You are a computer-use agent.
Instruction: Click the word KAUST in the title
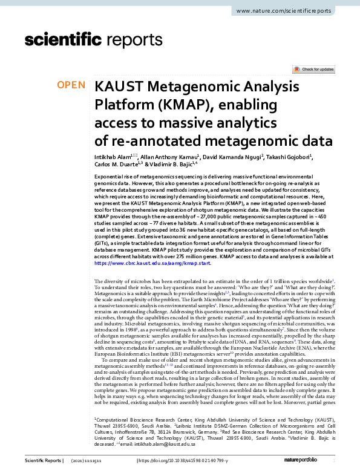(118, 86)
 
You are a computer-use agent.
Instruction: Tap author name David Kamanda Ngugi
(229, 157)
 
